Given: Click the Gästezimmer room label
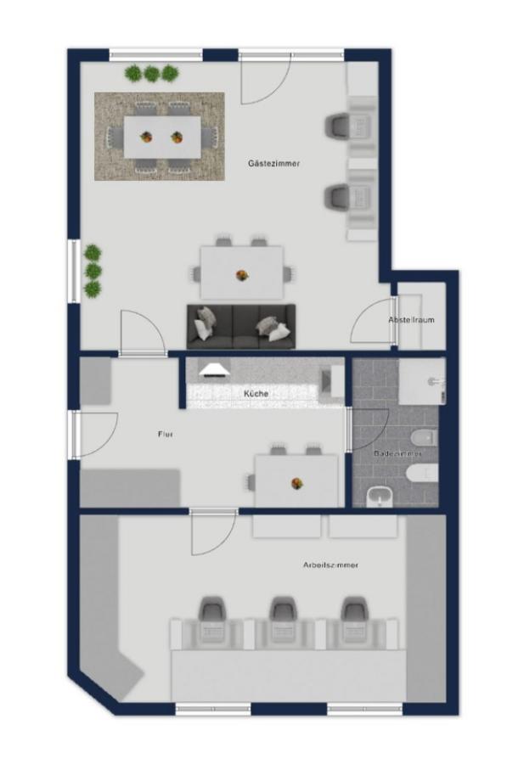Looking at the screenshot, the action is coord(273,164).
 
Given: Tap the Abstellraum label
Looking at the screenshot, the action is coord(411,320).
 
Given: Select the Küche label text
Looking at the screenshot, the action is coord(256,393).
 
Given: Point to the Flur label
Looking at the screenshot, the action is coord(166,434).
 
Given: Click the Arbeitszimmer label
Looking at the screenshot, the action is coord(330,565).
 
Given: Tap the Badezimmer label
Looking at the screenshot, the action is coord(397,453).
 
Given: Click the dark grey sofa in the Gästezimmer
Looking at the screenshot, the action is coord(241,327).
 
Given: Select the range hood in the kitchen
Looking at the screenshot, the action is coord(215,370).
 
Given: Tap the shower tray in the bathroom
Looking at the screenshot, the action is coord(421,382).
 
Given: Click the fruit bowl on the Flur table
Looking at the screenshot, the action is coord(297,483).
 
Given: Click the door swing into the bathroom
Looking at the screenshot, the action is coord(370,430).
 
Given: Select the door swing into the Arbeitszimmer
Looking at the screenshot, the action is coord(213,534).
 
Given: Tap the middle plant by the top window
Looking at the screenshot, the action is coord(151,74).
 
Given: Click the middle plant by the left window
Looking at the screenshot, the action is coord(93,271).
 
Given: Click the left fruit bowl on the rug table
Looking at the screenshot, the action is coord(146,137).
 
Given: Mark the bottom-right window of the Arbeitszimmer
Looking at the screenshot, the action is coord(365,709).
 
